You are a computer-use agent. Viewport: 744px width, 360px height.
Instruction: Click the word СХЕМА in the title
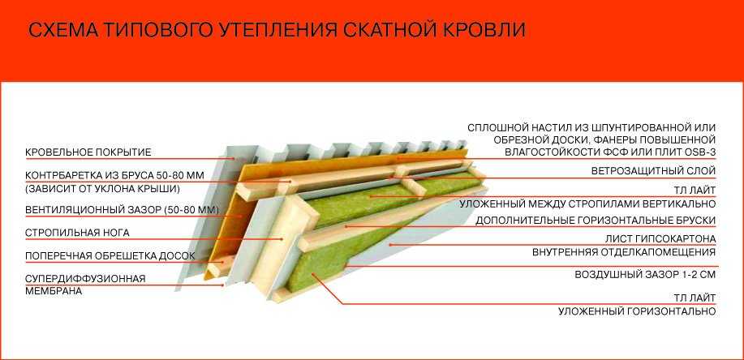[x=63, y=30]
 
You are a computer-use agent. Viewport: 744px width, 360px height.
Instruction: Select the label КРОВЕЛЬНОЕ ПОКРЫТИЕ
[x=88, y=152]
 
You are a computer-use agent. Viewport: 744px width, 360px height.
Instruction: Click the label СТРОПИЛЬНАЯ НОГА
[x=77, y=233]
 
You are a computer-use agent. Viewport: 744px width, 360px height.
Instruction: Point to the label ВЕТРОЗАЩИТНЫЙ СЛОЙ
[x=653, y=171]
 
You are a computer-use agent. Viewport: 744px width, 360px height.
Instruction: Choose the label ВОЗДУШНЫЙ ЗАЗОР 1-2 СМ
[x=645, y=275]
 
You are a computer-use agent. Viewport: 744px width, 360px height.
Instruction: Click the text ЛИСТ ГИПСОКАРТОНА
[x=660, y=238]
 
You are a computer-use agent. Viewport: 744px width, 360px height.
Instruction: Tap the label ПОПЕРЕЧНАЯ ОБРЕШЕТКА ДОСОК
[x=110, y=256]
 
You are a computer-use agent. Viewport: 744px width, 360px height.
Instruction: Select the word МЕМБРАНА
[x=54, y=291]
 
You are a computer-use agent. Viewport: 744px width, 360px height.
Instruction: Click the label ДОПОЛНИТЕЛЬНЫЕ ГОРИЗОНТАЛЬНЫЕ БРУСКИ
[x=596, y=221]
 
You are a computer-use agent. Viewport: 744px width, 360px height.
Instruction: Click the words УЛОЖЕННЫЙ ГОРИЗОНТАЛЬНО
[x=637, y=311]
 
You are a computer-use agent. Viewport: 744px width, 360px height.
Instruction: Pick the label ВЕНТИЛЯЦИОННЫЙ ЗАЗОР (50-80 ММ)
[x=122, y=210]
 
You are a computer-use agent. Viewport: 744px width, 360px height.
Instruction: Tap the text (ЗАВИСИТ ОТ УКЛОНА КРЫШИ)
[x=102, y=189]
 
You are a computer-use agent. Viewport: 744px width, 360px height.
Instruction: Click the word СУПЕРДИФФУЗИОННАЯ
[x=85, y=278]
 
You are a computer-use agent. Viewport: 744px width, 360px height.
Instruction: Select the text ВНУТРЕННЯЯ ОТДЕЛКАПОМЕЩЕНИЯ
[x=624, y=252]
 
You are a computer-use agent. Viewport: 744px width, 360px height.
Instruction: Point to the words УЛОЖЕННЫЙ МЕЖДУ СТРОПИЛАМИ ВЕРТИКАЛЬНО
[x=587, y=204]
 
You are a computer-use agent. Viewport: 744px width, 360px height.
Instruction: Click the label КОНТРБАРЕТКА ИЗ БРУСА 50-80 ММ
[x=115, y=175]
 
